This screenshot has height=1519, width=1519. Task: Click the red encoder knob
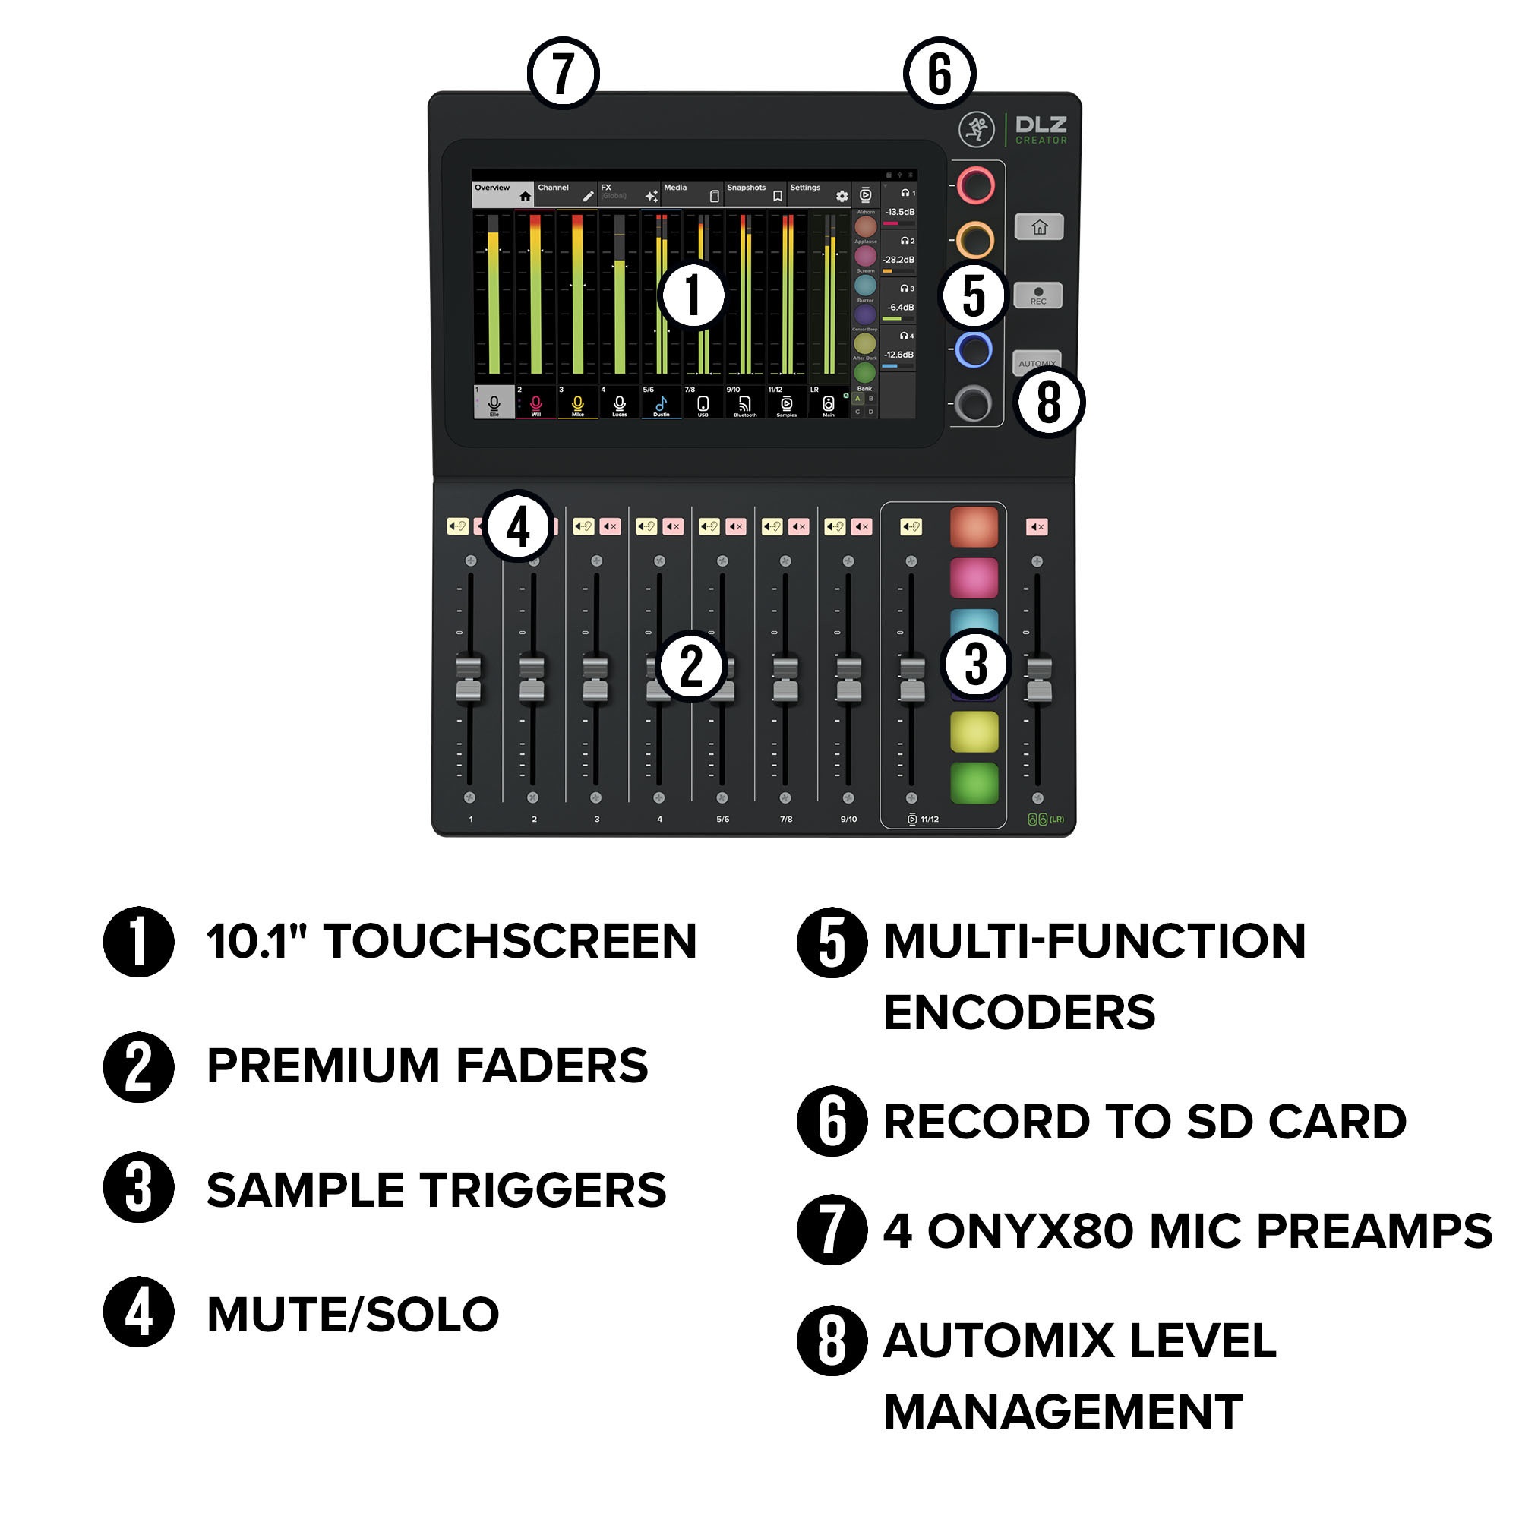(976, 185)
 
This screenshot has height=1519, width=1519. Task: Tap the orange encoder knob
(976, 240)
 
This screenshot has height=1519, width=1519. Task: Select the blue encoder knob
(974, 350)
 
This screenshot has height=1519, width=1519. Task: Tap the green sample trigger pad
(974, 783)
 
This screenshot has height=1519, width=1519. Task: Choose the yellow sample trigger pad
(974, 731)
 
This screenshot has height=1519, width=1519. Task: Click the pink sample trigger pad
(974, 578)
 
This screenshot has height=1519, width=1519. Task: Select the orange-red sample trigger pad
(974, 527)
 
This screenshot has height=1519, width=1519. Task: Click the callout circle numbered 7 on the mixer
(563, 73)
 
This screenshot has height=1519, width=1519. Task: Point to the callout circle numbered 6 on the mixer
(940, 73)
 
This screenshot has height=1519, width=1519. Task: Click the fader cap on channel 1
(469, 679)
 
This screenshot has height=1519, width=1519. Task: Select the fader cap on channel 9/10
(848, 679)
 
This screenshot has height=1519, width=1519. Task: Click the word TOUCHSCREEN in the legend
(510, 941)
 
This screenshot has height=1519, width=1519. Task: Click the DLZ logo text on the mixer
(1041, 125)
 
